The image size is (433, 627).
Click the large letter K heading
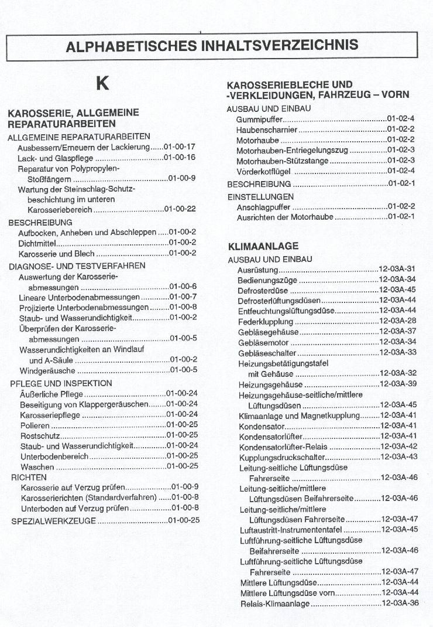pyautogui.click(x=102, y=84)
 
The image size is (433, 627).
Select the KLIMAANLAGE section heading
pyautogui.click(x=263, y=246)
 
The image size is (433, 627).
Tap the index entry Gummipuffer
pyautogui.click(x=255, y=119)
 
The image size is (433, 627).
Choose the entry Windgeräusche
pyautogui.click(x=47, y=370)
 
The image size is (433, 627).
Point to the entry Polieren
pyautogui.click(x=35, y=425)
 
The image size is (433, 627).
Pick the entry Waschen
pyautogui.click(x=37, y=467)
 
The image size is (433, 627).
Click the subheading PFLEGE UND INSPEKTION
pyautogui.click(x=61, y=383)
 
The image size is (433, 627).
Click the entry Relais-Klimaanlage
pyautogui.click(x=274, y=604)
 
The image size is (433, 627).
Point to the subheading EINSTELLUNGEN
pyautogui.click(x=260, y=196)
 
